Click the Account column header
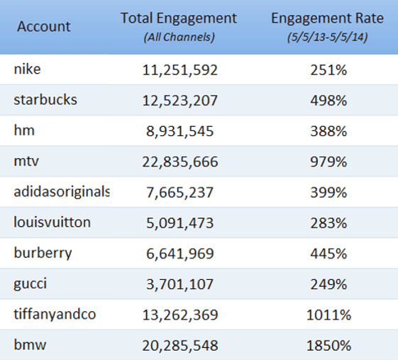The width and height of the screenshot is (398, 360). click(43, 27)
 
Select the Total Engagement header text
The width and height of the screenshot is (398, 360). click(179, 18)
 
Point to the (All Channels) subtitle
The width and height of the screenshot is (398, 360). click(179, 36)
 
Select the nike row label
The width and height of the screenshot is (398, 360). click(27, 69)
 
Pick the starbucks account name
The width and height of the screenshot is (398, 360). click(45, 100)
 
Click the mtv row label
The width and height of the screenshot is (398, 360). click(26, 161)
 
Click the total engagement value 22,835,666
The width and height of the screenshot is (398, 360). click(179, 162)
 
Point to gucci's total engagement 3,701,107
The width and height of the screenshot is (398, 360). click(179, 285)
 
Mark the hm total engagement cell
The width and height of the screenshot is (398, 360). click(179, 131)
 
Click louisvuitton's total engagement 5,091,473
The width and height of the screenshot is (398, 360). click(179, 223)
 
